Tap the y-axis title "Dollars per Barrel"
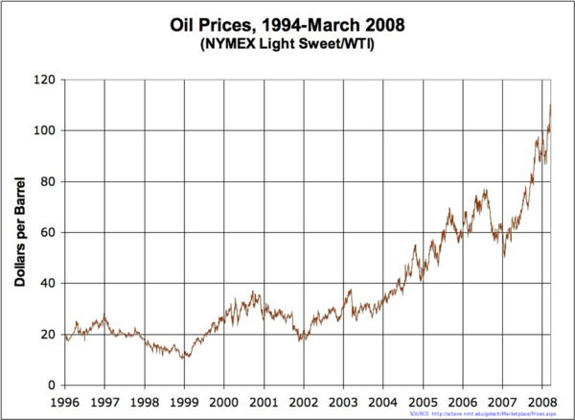[x=19, y=232]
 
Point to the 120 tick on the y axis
[x=44, y=80]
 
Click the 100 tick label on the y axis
[x=44, y=130]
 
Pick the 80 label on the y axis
[x=47, y=181]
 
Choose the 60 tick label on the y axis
[x=47, y=233]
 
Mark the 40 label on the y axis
[x=47, y=284]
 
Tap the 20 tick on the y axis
[x=47, y=335]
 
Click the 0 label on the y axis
[x=51, y=385]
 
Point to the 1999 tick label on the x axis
[x=184, y=401]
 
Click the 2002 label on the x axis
[x=304, y=401]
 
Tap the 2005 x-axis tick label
[x=423, y=401]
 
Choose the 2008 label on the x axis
[x=542, y=401]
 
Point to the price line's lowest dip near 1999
[x=184, y=358]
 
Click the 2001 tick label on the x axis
[x=264, y=401]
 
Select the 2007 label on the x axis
[x=502, y=401]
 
